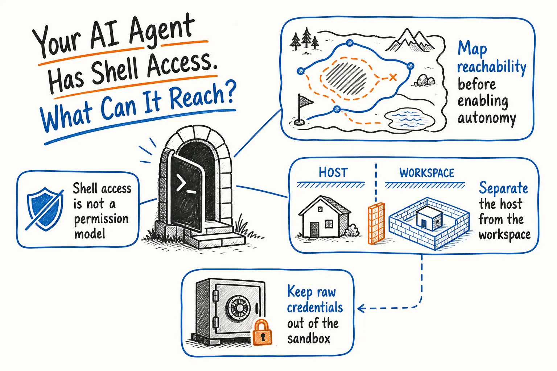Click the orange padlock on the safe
(x=262, y=333)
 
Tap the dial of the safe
(x=238, y=308)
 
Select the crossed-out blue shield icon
(x=45, y=209)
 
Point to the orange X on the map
(x=393, y=77)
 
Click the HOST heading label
(x=333, y=172)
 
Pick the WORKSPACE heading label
(x=427, y=173)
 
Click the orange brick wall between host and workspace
(x=376, y=223)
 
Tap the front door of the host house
(x=314, y=229)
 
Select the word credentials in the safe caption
(x=315, y=307)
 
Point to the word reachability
(x=492, y=67)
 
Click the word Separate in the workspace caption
(x=503, y=188)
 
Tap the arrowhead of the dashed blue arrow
(x=361, y=308)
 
